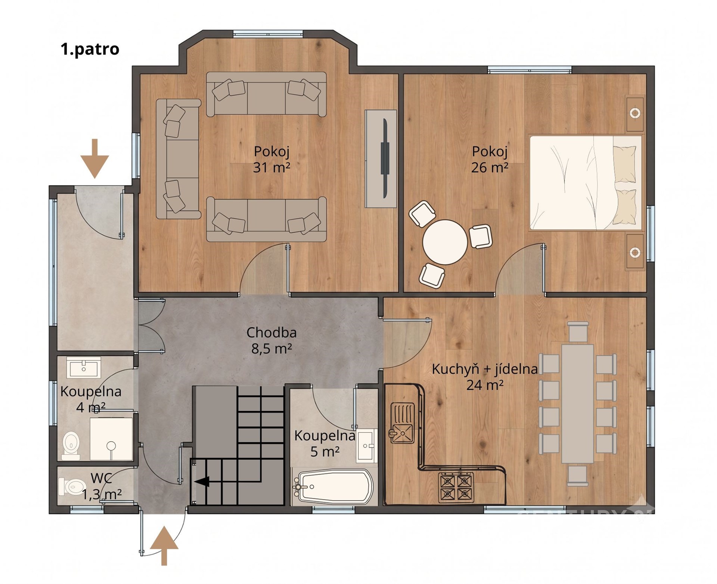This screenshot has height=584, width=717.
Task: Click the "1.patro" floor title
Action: (90, 49)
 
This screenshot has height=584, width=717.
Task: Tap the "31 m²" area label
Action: (271, 167)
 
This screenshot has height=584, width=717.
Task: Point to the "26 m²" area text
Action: (490, 167)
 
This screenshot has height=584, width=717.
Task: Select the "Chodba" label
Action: (271, 332)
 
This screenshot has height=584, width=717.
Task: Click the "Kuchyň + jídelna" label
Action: (485, 369)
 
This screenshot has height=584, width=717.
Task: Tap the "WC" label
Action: (101, 478)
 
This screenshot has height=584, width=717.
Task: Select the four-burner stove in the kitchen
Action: (456, 487)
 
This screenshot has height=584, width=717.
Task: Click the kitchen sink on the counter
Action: (402, 423)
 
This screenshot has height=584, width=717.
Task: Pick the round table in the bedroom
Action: (445, 242)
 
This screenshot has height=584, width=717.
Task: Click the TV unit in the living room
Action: (381, 158)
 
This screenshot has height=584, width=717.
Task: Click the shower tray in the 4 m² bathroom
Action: (111, 439)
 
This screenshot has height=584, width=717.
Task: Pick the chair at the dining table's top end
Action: (577, 332)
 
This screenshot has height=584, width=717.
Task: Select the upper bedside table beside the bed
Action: (635, 113)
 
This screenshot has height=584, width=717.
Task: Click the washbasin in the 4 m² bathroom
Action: (84, 367)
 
